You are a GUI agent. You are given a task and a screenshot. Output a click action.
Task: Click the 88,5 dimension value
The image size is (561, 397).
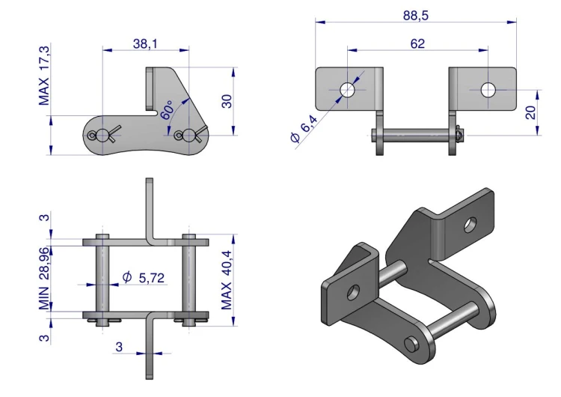(415, 16)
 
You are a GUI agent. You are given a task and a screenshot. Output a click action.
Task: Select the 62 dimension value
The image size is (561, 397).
(417, 43)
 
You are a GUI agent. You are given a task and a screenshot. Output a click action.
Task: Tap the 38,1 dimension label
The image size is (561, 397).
(145, 43)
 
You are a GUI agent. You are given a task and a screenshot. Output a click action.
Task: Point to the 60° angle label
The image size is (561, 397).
(166, 110)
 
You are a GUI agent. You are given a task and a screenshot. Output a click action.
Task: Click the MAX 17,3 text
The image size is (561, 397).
(44, 75)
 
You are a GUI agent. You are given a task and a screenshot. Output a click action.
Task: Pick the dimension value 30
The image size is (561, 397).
(227, 101)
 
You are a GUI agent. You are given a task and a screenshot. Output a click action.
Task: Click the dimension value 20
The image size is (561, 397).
(531, 112)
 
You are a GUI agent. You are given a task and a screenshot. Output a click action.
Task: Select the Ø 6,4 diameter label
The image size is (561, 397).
(304, 129)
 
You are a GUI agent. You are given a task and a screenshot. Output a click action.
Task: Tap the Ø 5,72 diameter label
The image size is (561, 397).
(143, 278)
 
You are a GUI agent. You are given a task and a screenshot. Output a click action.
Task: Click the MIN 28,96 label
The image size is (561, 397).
(44, 279)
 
